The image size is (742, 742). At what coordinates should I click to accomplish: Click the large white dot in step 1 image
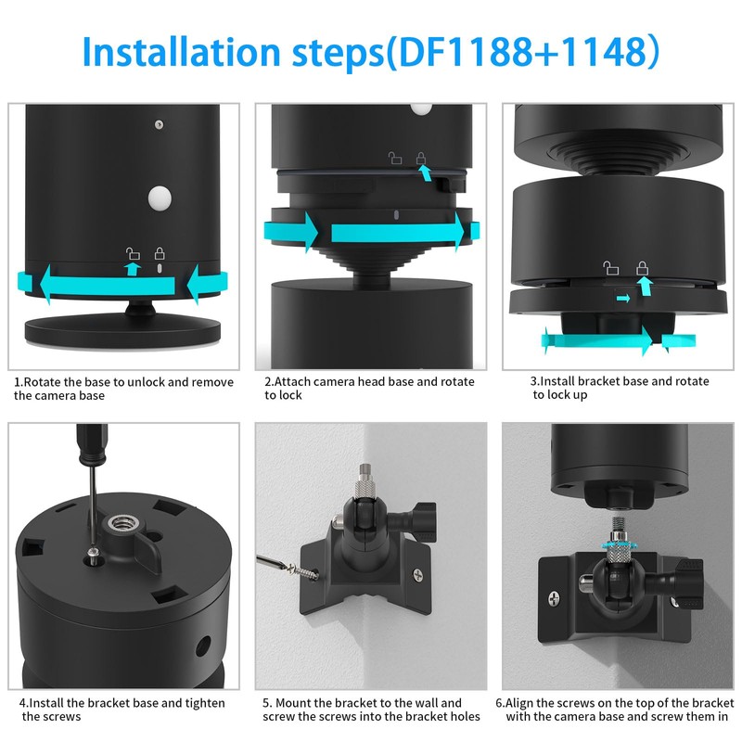(160, 198)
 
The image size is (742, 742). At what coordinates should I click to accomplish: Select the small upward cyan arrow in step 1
(133, 268)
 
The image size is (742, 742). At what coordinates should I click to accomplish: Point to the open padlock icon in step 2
(396, 159)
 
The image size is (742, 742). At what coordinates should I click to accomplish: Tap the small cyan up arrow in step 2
(423, 172)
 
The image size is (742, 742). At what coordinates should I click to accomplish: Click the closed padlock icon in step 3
(641, 268)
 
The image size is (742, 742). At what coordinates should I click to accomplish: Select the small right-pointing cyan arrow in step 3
(624, 298)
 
